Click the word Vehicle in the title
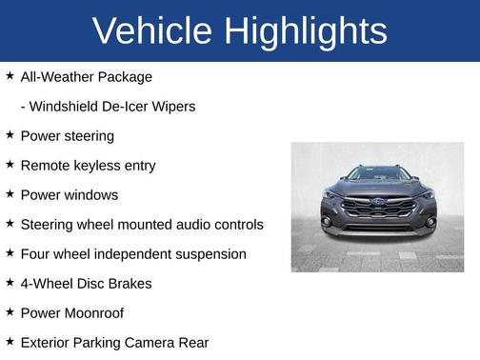[151, 31]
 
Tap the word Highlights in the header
[306, 31]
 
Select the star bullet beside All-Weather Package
[10, 76]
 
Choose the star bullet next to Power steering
[10, 135]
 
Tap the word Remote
[45, 166]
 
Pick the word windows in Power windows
[91, 195]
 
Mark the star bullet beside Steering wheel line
[10, 224]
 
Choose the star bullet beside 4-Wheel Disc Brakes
[10, 283]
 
